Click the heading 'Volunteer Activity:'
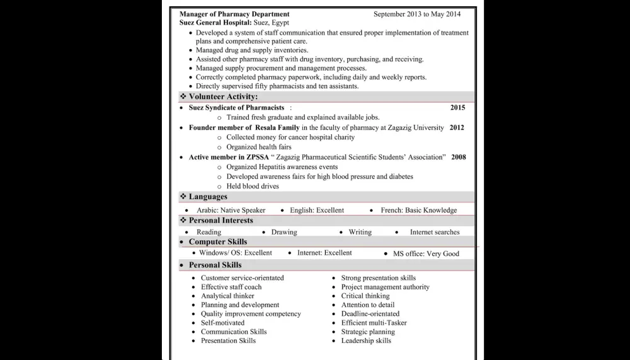click(223, 97)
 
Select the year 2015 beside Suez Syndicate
click(457, 108)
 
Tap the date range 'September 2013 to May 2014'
click(416, 14)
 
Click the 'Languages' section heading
click(208, 197)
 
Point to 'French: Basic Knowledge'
click(419, 211)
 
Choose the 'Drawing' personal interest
click(284, 232)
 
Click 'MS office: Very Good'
click(426, 254)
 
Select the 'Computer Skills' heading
click(218, 242)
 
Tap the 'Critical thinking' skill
click(365, 296)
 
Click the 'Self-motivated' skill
click(222, 323)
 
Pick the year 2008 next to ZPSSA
click(459, 157)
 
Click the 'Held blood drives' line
click(253, 187)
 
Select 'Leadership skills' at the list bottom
click(366, 341)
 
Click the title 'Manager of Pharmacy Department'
click(234, 14)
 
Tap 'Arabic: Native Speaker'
click(231, 211)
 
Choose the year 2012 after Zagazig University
click(457, 127)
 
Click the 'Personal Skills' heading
click(215, 265)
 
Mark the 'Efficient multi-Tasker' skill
click(374, 323)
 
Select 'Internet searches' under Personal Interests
click(435, 232)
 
